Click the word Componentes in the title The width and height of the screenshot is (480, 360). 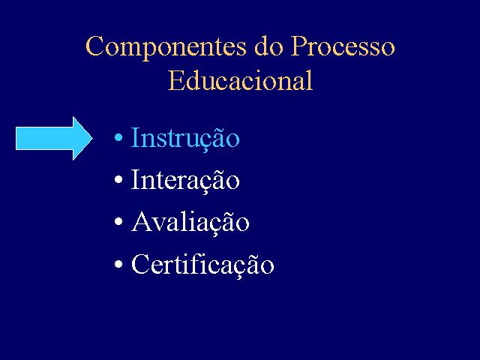point(166,48)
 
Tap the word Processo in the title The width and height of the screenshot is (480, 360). point(343,46)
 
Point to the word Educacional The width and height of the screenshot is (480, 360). point(240,80)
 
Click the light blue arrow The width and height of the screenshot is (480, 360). point(54,138)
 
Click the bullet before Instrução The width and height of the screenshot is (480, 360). point(118,137)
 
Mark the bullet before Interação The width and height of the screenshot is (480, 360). point(118,179)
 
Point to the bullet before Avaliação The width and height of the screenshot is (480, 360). point(118,221)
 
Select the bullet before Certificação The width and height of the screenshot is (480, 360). point(118,263)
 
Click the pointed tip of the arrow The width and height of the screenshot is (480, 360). point(92,138)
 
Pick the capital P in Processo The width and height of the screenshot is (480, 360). point(298,46)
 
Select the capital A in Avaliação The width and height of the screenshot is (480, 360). point(142,221)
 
